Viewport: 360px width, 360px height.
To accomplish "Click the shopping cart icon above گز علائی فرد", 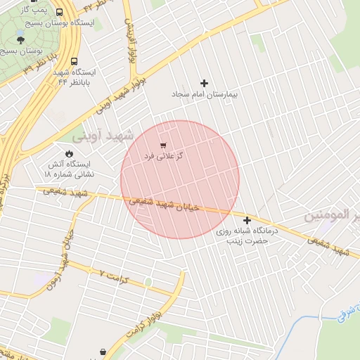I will (164, 144).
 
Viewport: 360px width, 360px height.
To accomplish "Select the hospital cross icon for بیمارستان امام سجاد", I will (205, 83).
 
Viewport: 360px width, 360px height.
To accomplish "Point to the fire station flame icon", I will (69, 153).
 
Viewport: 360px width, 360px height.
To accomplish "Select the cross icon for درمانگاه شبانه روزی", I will (247, 220).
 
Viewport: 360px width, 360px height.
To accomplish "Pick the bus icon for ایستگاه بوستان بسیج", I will (58, 12).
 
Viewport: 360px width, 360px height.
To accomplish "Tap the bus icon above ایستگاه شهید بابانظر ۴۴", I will (75, 61).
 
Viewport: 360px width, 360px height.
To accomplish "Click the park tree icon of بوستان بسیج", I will (20, 40).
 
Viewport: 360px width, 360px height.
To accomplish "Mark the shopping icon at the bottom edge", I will (103, 352).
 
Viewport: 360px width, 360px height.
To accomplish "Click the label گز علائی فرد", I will (164, 155).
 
